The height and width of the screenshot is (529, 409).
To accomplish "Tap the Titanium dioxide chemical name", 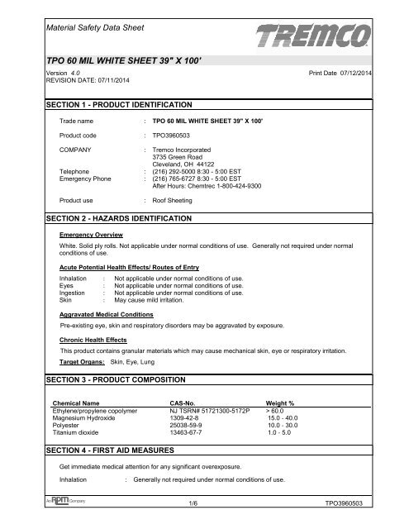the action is tap(77, 427).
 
